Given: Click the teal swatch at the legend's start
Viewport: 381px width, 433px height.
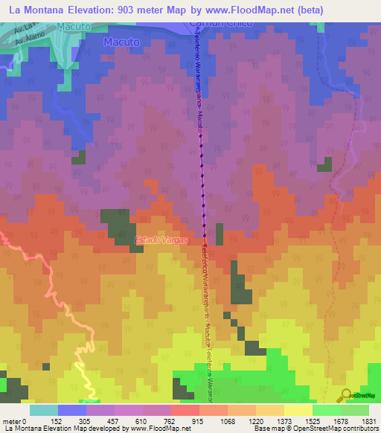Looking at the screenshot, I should pyautogui.click(x=43, y=410).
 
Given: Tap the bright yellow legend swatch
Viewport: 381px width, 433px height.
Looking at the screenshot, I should pyautogui.click(x=298, y=410).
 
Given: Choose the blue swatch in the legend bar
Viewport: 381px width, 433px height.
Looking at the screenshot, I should pyautogui.click(x=71, y=410).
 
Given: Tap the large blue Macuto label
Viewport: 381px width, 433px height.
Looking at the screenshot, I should pyautogui.click(x=121, y=42).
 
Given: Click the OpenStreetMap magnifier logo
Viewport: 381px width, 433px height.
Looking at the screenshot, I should pyautogui.click(x=346, y=395).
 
